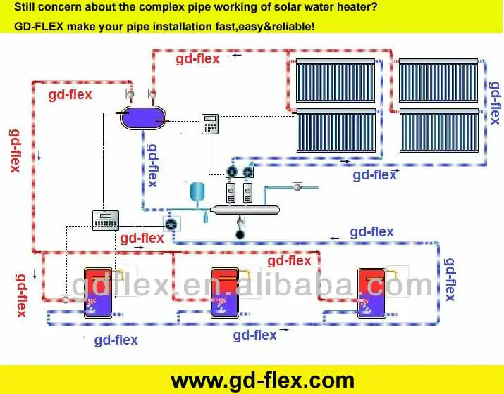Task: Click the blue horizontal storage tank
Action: (x=143, y=117)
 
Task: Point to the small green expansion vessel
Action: (x=197, y=191)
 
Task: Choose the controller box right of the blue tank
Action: (x=211, y=124)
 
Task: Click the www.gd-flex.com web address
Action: (x=262, y=381)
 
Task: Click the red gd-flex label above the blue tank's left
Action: (x=70, y=94)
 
